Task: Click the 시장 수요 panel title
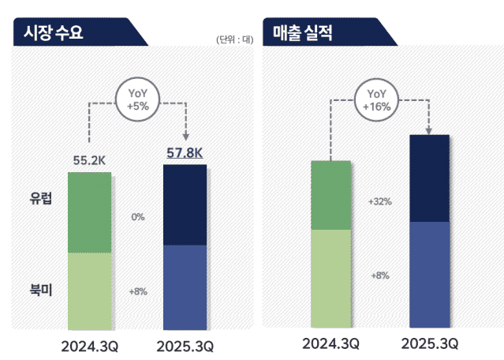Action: tap(54, 33)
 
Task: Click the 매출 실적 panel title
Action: tap(303, 33)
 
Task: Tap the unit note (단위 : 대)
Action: tap(233, 40)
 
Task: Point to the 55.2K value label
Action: tap(89, 160)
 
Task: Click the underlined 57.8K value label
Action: tap(184, 152)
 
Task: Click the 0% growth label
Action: tap(138, 216)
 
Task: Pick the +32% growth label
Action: tap(380, 201)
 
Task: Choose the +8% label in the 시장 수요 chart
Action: tap(138, 291)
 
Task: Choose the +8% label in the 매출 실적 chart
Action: tap(380, 276)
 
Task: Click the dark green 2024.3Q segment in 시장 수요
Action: tap(89, 212)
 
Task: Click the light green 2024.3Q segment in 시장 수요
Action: tap(89, 291)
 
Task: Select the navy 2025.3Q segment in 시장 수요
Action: tap(185, 205)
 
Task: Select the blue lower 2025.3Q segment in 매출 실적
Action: tap(430, 274)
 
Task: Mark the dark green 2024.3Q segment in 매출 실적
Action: tap(330, 195)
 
